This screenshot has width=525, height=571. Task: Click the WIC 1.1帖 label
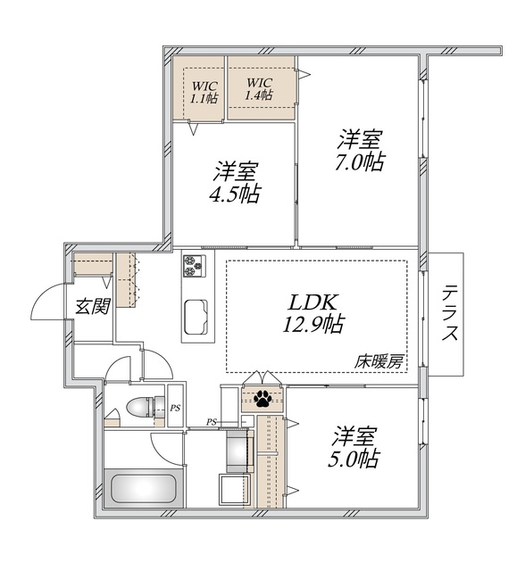[203, 94]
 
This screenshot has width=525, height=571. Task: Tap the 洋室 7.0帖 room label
[360, 151]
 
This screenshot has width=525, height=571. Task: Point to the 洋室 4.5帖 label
[236, 182]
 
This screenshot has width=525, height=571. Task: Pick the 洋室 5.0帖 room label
[356, 447]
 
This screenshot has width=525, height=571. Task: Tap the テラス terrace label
[450, 313]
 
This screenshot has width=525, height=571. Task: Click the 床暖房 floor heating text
[379, 362]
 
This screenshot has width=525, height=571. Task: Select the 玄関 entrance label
[91, 307]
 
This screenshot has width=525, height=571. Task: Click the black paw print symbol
[263, 399]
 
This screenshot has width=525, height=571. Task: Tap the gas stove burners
[195, 266]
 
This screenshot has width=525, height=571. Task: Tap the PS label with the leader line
[212, 422]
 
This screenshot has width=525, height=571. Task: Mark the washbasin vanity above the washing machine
[238, 451]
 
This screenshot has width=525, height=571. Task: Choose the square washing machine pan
[235, 491]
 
